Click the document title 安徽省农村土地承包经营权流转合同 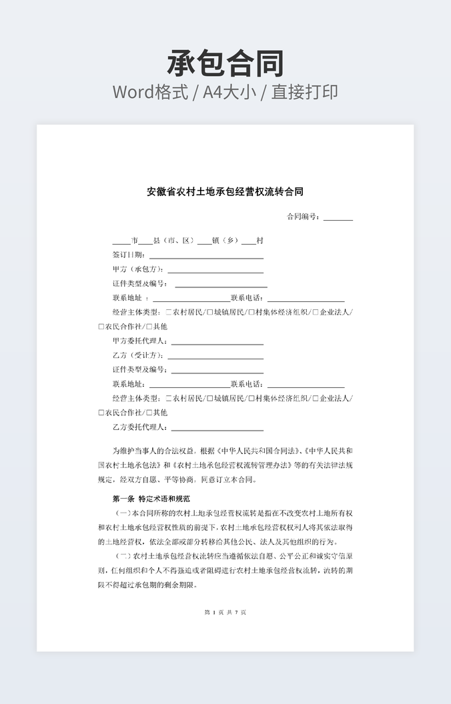coord(225,192)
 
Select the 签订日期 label coord(129,255)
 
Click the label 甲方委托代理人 coord(140,341)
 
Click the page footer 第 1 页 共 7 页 coord(225,612)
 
